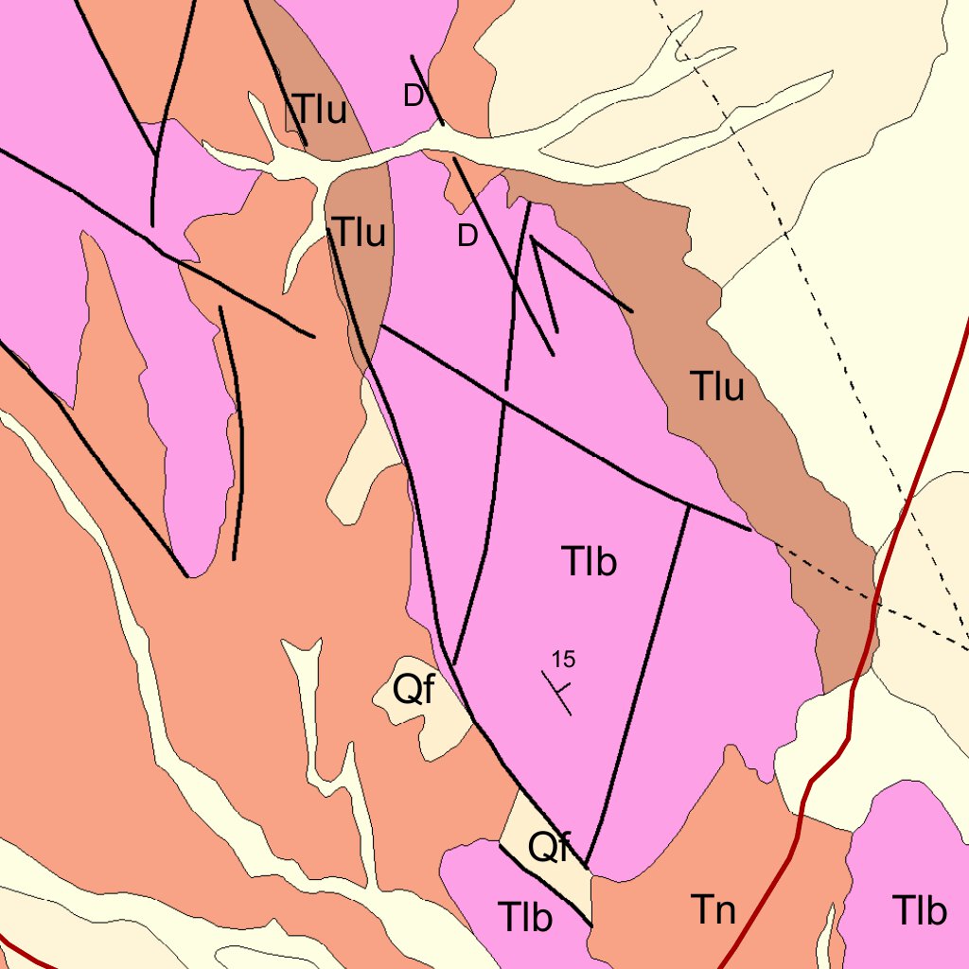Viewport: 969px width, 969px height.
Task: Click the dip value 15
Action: [564, 659]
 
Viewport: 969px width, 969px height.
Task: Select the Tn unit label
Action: [713, 910]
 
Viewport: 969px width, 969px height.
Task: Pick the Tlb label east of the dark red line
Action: [919, 910]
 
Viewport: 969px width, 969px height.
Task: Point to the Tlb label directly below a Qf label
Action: [525, 917]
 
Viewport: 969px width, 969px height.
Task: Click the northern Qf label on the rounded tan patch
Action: [414, 692]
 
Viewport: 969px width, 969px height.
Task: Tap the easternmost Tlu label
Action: [717, 387]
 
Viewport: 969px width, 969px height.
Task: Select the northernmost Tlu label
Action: [319, 111]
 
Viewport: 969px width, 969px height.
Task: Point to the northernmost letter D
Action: [413, 96]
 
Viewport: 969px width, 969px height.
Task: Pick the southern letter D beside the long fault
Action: [467, 238]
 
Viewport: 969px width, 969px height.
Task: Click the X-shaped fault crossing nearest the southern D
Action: [516, 279]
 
